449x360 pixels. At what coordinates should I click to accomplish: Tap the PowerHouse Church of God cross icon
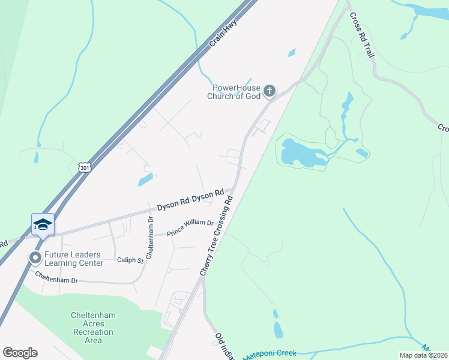(x=270, y=91)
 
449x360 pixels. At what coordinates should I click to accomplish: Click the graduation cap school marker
(x=43, y=224)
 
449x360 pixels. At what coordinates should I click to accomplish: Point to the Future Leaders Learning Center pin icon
(x=35, y=258)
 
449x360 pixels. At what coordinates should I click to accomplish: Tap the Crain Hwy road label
(x=224, y=34)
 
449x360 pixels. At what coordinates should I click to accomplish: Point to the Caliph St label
(x=130, y=260)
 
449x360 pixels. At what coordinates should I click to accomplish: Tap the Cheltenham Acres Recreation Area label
(x=93, y=328)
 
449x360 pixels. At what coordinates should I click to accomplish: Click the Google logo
(x=20, y=353)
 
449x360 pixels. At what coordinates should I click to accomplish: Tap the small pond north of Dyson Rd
(x=145, y=179)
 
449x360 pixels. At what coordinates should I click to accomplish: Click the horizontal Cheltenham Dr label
(x=56, y=277)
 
